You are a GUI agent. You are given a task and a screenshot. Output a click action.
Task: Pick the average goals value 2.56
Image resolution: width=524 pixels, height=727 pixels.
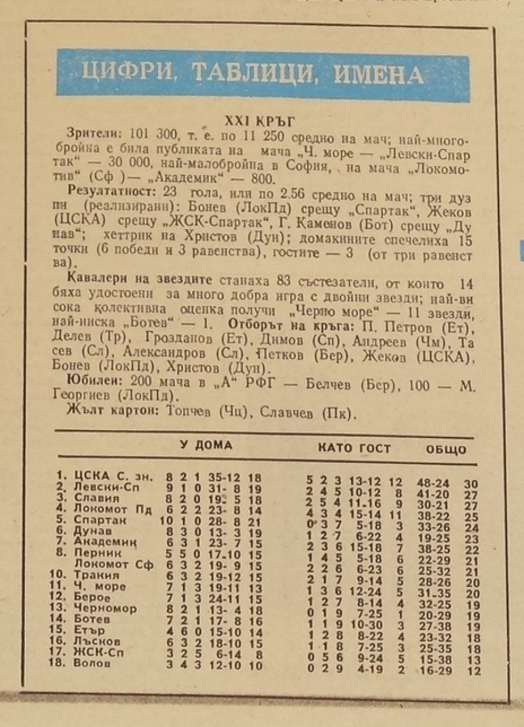tap(256, 193)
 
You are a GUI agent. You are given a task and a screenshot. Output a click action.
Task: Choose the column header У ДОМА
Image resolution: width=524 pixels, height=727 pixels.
tap(206, 445)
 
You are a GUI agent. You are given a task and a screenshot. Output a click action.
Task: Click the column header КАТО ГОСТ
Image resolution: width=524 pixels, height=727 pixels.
tap(354, 449)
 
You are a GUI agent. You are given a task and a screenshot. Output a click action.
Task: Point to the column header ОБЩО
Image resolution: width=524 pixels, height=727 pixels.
tap(445, 450)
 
